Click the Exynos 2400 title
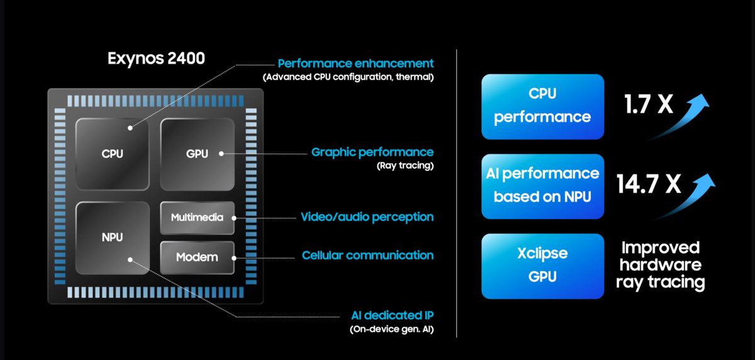coord(156,59)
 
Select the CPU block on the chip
coord(112,153)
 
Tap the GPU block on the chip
coord(198,153)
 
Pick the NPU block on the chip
coord(112,237)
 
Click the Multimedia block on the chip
coord(197,218)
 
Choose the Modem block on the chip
coord(197,257)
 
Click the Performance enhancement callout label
coord(355,64)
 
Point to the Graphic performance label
coord(372,152)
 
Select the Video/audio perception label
coord(367,217)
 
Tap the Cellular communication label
coord(367,256)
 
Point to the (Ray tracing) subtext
coord(405,166)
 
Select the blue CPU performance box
coord(542,106)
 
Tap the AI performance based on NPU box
coord(542,186)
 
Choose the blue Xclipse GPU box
coord(542,265)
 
